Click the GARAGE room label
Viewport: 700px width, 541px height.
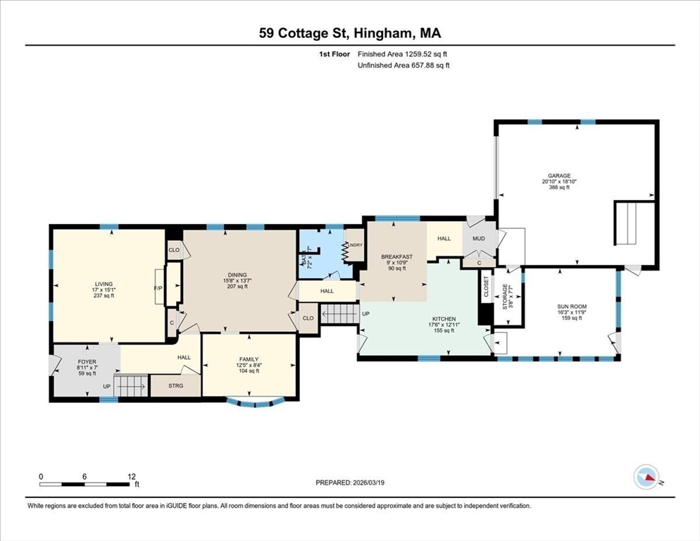click(559, 176)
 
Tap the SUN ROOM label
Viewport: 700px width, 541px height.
click(572, 306)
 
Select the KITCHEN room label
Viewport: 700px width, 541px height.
click(444, 319)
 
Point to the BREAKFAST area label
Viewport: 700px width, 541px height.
click(396, 256)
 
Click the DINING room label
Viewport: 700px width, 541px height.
click(237, 275)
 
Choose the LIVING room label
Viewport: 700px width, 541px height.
click(103, 284)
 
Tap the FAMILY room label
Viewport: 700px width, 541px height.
click(249, 359)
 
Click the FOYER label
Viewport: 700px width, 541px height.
click(87, 362)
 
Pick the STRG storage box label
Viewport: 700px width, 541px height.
click(175, 386)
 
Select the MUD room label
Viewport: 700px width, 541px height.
click(479, 239)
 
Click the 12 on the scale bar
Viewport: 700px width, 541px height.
click(132, 476)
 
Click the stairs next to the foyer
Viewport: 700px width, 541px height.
click(132, 385)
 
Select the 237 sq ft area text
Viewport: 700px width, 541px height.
click(103, 296)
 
